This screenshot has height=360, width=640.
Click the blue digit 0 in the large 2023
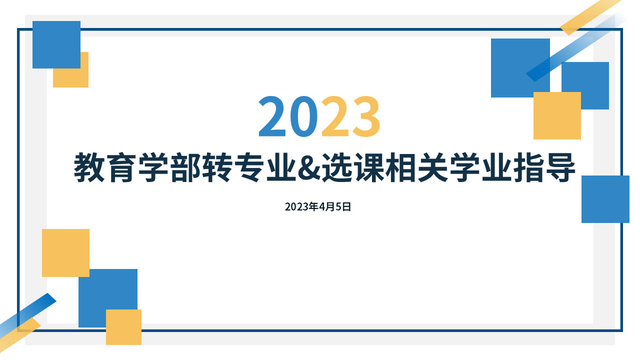tap(303, 116)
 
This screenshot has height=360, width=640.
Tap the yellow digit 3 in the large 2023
tap(366, 116)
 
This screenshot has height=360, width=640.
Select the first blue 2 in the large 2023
tap(272, 116)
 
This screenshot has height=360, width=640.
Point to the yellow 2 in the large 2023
tap(335, 116)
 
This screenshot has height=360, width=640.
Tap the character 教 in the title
tap(89, 167)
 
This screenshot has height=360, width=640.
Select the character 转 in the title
tap(217, 167)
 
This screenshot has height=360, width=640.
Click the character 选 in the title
tap(337, 167)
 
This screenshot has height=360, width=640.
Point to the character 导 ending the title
tap(560, 167)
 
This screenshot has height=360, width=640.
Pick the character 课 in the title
tap(369, 167)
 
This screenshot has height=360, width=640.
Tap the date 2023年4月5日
tap(318, 207)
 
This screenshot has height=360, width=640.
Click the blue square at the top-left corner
tap(56, 44)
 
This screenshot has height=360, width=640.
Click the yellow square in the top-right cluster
tap(557, 115)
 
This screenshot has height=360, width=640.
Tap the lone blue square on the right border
tap(605, 199)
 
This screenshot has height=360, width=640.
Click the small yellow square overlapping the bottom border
tap(123, 327)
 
